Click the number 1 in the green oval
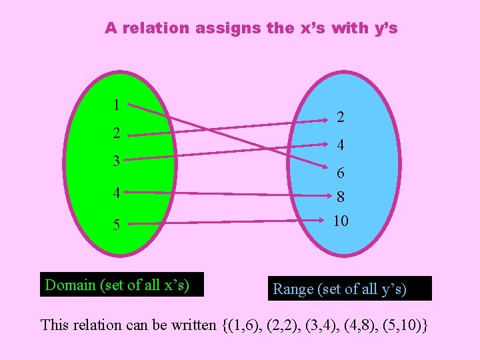[x=116, y=105]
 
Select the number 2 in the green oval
[x=116, y=133]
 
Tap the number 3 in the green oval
[x=116, y=161]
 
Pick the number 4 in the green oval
[x=116, y=194]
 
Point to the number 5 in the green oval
[x=116, y=225]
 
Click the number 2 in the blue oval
[x=340, y=117]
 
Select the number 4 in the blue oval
[x=340, y=145]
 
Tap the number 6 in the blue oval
[x=340, y=173]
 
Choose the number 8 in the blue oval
[x=340, y=198]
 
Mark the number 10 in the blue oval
[x=340, y=221]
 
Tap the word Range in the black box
[x=293, y=289]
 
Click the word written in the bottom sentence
[x=192, y=325]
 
